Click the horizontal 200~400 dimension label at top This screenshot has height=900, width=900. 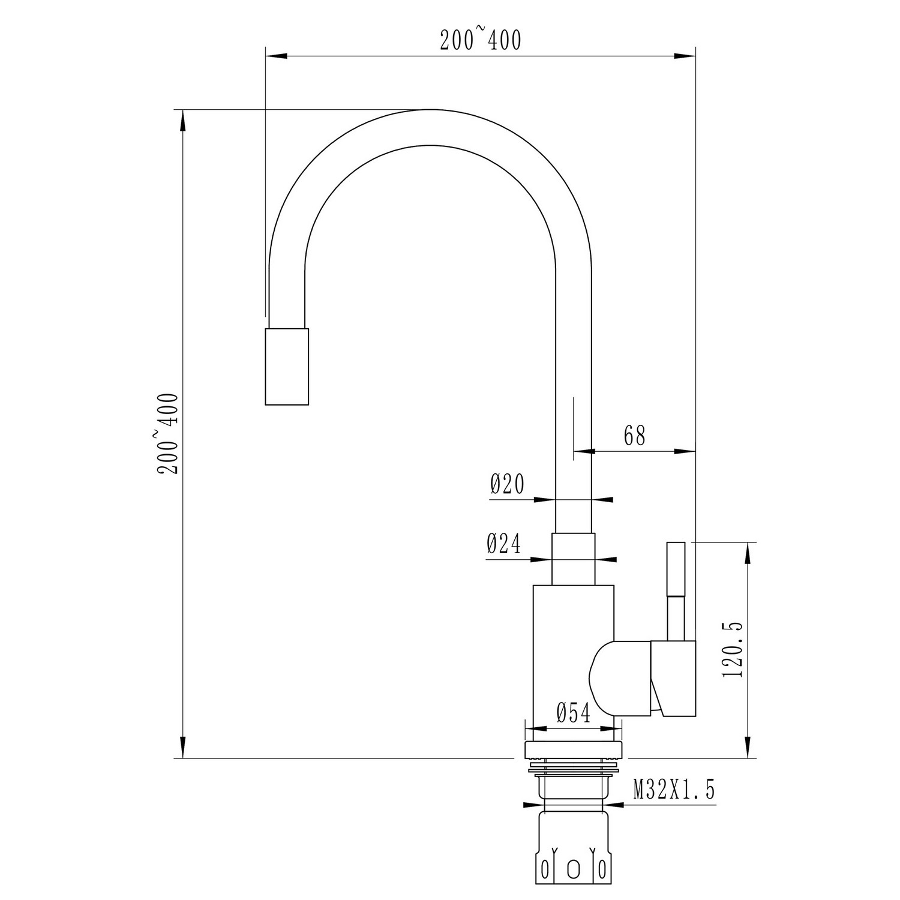click(481, 40)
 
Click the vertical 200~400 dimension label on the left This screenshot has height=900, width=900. click(168, 433)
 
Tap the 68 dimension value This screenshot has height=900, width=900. click(634, 436)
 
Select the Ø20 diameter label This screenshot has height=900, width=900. click(508, 484)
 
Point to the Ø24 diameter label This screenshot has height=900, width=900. click(504, 544)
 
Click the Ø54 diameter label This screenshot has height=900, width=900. click(574, 713)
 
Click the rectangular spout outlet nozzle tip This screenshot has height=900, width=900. click(287, 367)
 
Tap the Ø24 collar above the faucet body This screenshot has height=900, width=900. click(574, 559)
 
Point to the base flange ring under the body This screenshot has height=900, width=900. click(574, 750)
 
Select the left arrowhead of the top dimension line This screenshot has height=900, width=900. click(277, 56)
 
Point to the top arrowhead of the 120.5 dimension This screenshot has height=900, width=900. click(748, 553)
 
